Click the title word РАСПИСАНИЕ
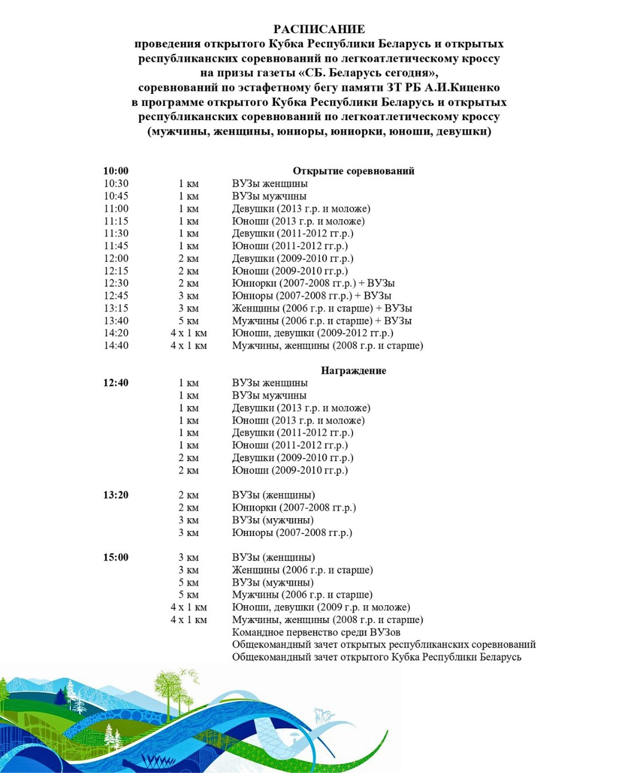[319, 29]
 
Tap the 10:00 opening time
[116, 171]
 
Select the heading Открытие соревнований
[353, 171]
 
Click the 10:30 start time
[116, 183]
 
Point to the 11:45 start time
[116, 246]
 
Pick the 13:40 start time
[116, 321]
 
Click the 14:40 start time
[116, 345]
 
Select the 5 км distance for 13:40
[188, 321]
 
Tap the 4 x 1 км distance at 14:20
[188, 333]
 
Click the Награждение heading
[353, 370]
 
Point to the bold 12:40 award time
[116, 382]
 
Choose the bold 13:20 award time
[116, 495]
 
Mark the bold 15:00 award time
[116, 557]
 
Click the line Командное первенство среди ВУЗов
[316, 632]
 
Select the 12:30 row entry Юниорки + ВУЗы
[313, 283]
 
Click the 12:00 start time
[116, 258]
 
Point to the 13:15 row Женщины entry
[322, 308]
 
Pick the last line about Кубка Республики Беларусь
[377, 657]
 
